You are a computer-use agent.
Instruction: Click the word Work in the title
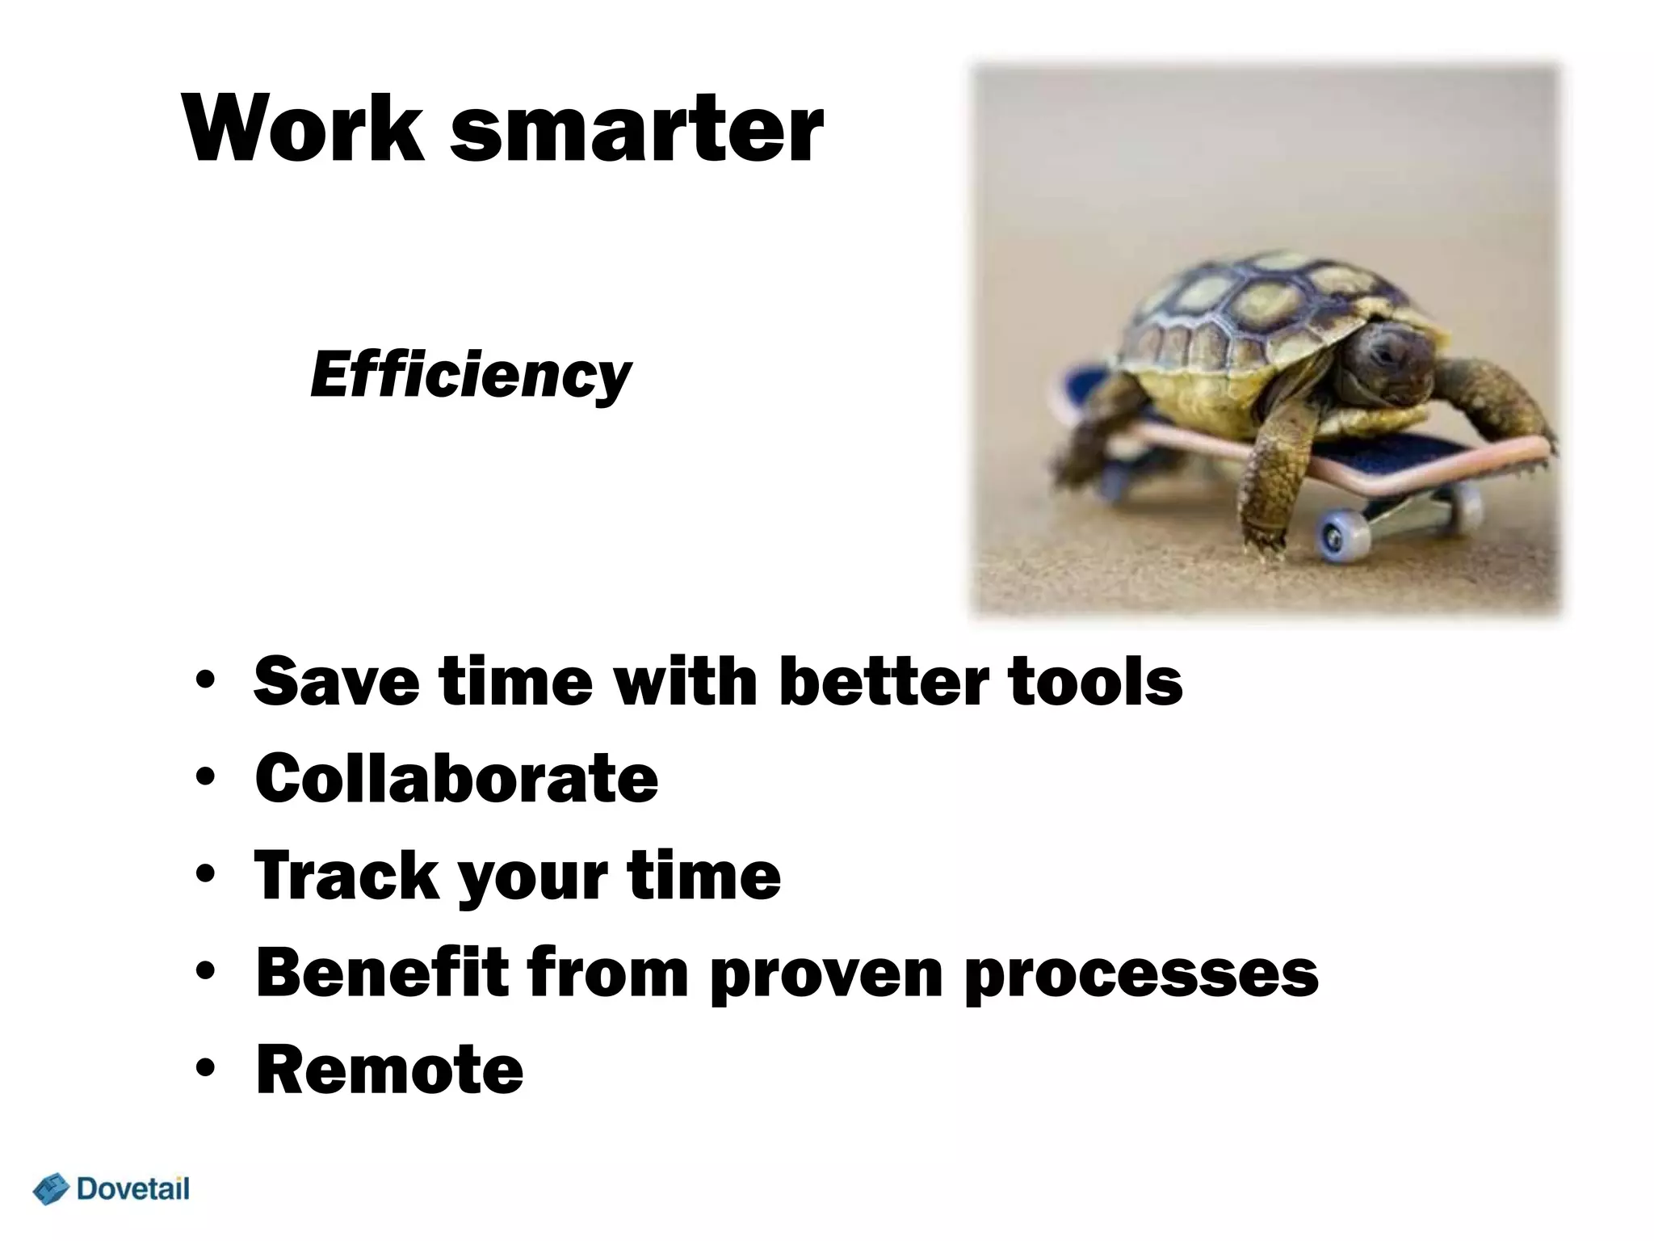pos(303,129)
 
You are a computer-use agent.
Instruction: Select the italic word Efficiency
pos(470,376)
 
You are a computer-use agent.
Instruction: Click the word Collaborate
pos(456,778)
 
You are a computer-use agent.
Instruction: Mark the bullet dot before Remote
pos(205,1069)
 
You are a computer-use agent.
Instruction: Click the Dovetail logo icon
pos(51,1190)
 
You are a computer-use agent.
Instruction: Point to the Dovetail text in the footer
pos(133,1188)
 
